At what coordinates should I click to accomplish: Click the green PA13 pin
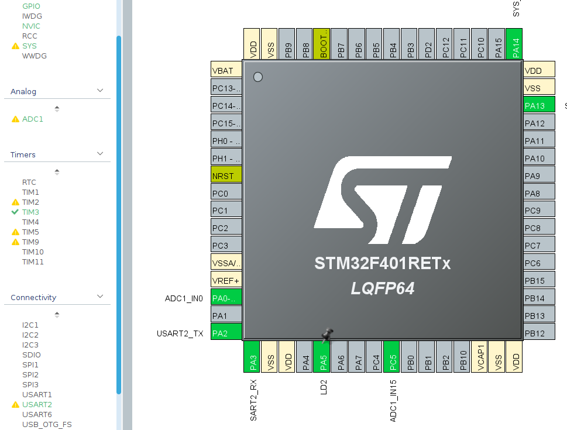click(x=538, y=105)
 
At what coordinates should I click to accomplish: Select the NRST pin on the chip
click(x=226, y=176)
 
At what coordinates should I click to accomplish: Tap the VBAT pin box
click(x=226, y=70)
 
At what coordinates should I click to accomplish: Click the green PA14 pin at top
click(x=514, y=44)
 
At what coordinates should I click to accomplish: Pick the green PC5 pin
click(x=391, y=356)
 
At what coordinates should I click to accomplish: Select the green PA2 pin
click(x=226, y=333)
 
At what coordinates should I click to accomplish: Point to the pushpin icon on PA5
click(x=327, y=335)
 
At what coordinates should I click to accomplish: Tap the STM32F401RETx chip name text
click(x=383, y=263)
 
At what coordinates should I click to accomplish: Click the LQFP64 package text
click(x=383, y=288)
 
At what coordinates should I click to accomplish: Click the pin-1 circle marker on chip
click(x=257, y=77)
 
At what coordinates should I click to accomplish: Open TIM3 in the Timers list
click(x=30, y=212)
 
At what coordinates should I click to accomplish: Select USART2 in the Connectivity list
click(x=37, y=404)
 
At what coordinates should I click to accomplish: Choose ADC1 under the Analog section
click(x=33, y=119)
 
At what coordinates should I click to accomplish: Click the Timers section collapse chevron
click(x=100, y=154)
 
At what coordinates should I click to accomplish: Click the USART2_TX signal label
click(x=180, y=333)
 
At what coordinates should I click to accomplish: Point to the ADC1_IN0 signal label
click(x=184, y=298)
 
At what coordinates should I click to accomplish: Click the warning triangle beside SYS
click(x=15, y=46)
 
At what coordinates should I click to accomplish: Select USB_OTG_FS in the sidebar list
click(x=47, y=424)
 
